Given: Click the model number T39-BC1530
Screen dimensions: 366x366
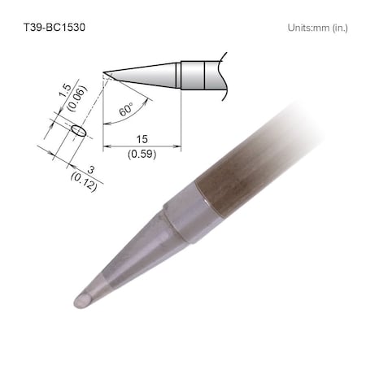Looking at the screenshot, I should click(54, 27).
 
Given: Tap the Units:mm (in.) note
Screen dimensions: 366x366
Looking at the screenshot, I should click(317, 27).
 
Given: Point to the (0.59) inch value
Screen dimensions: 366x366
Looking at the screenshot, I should click(142, 152).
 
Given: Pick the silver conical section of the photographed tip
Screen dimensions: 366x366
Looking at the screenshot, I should click(130, 260).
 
